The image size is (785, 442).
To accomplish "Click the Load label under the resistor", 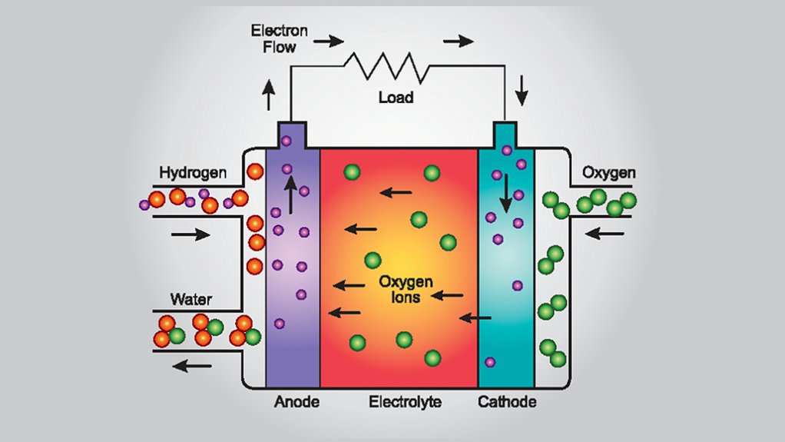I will coord(396,98).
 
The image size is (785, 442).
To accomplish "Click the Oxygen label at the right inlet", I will coord(609,172).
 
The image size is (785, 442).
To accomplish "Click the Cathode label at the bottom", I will coord(506,402).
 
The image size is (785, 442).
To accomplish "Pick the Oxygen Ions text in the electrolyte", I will coord(399,289).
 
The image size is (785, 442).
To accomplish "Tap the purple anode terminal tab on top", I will coord(293,135).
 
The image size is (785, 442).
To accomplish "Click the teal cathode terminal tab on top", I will coord(505,135).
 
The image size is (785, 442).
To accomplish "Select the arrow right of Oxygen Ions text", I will coord(448,294).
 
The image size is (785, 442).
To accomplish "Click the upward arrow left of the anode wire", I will coord(269,96).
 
